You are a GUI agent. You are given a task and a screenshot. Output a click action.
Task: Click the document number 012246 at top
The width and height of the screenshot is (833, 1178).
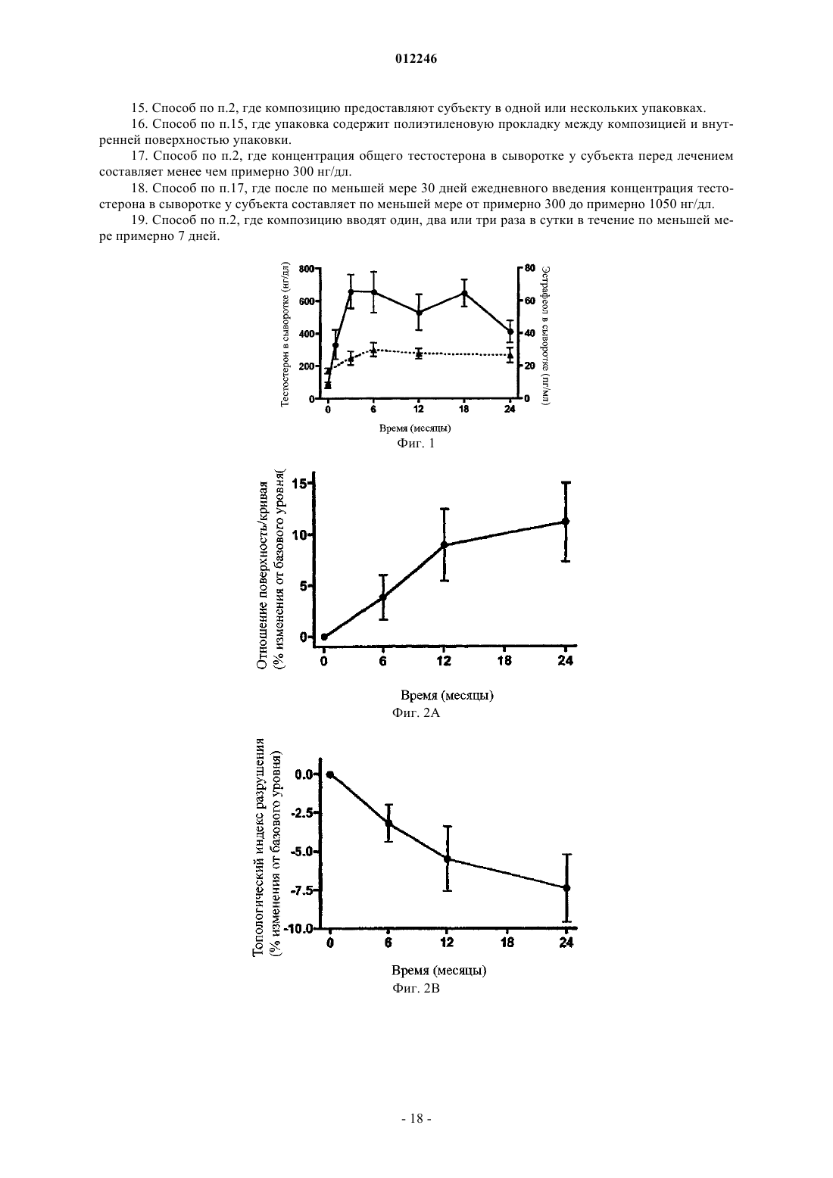pos(416,59)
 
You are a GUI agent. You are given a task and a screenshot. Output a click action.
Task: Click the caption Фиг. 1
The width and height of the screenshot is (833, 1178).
pos(416,444)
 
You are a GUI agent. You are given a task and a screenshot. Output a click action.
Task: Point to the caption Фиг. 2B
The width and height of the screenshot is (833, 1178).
pos(416,988)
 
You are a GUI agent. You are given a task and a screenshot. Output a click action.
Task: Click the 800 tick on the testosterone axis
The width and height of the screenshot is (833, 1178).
pos(306,269)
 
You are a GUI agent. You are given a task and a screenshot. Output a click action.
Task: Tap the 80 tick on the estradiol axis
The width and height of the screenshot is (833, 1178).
pos(529,268)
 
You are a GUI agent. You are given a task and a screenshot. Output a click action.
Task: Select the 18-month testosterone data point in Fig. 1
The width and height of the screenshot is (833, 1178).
pos(464,293)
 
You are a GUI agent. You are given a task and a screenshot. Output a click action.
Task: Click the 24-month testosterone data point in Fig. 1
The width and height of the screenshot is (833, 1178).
pos(510,332)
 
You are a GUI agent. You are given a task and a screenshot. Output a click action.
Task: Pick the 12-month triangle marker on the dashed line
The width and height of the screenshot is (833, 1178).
pos(419,354)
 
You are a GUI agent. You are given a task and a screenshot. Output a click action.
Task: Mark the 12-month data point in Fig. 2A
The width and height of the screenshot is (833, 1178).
pos(444,545)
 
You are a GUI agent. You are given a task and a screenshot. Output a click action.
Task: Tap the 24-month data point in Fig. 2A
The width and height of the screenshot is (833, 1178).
pos(566,521)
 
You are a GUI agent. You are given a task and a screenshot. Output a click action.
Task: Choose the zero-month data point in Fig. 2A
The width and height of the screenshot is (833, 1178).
pos(324,637)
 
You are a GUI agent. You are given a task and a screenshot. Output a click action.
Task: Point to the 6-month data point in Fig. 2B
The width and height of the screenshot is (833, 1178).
pos(388,823)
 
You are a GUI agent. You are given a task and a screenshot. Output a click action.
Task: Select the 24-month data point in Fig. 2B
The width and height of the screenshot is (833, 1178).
pos(566,887)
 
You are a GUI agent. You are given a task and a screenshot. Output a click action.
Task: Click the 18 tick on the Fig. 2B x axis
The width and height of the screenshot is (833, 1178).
pos(507,943)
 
